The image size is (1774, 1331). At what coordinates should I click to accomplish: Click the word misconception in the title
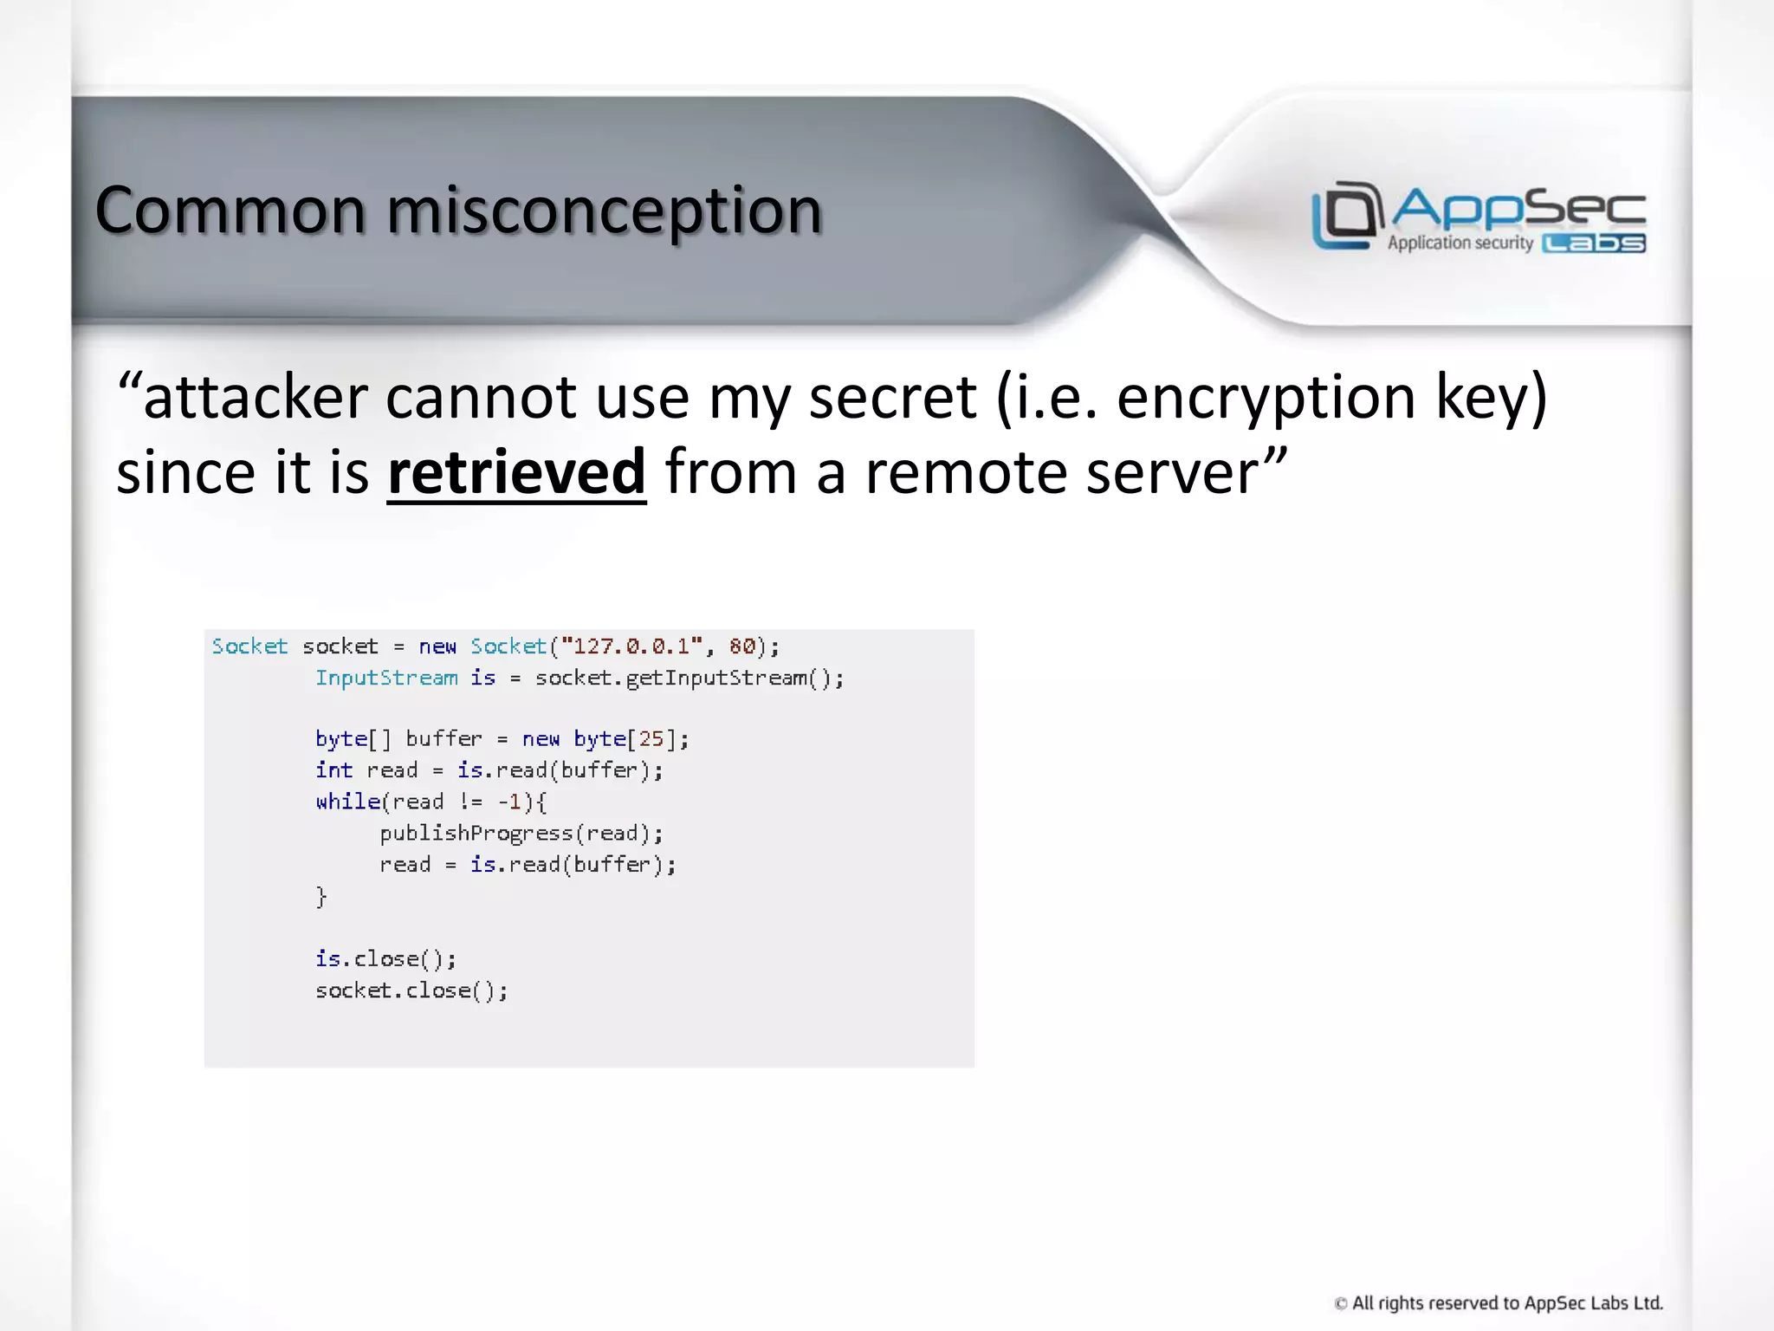point(604,211)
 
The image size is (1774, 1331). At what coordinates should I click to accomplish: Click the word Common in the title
point(230,211)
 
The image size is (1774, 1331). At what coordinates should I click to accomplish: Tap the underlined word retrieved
point(516,472)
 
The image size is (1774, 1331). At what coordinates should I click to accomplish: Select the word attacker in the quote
point(256,397)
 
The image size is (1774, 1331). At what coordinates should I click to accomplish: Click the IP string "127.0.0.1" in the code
point(631,646)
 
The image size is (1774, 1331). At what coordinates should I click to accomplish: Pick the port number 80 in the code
point(741,646)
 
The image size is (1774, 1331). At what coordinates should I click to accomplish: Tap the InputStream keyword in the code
point(386,678)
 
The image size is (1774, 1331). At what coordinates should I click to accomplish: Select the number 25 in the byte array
point(651,739)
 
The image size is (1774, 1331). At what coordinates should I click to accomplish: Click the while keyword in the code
point(348,802)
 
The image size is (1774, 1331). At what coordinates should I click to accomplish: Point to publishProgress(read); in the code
point(521,834)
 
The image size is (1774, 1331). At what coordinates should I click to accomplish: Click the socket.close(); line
point(411,990)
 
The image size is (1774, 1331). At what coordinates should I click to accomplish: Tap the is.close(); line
point(385,959)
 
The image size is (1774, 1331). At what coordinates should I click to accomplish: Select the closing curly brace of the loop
point(321,896)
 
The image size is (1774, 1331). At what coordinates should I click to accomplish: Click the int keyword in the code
point(333,770)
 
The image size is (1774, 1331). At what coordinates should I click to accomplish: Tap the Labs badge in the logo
point(1594,243)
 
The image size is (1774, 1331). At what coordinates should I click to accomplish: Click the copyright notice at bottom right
point(1499,1303)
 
